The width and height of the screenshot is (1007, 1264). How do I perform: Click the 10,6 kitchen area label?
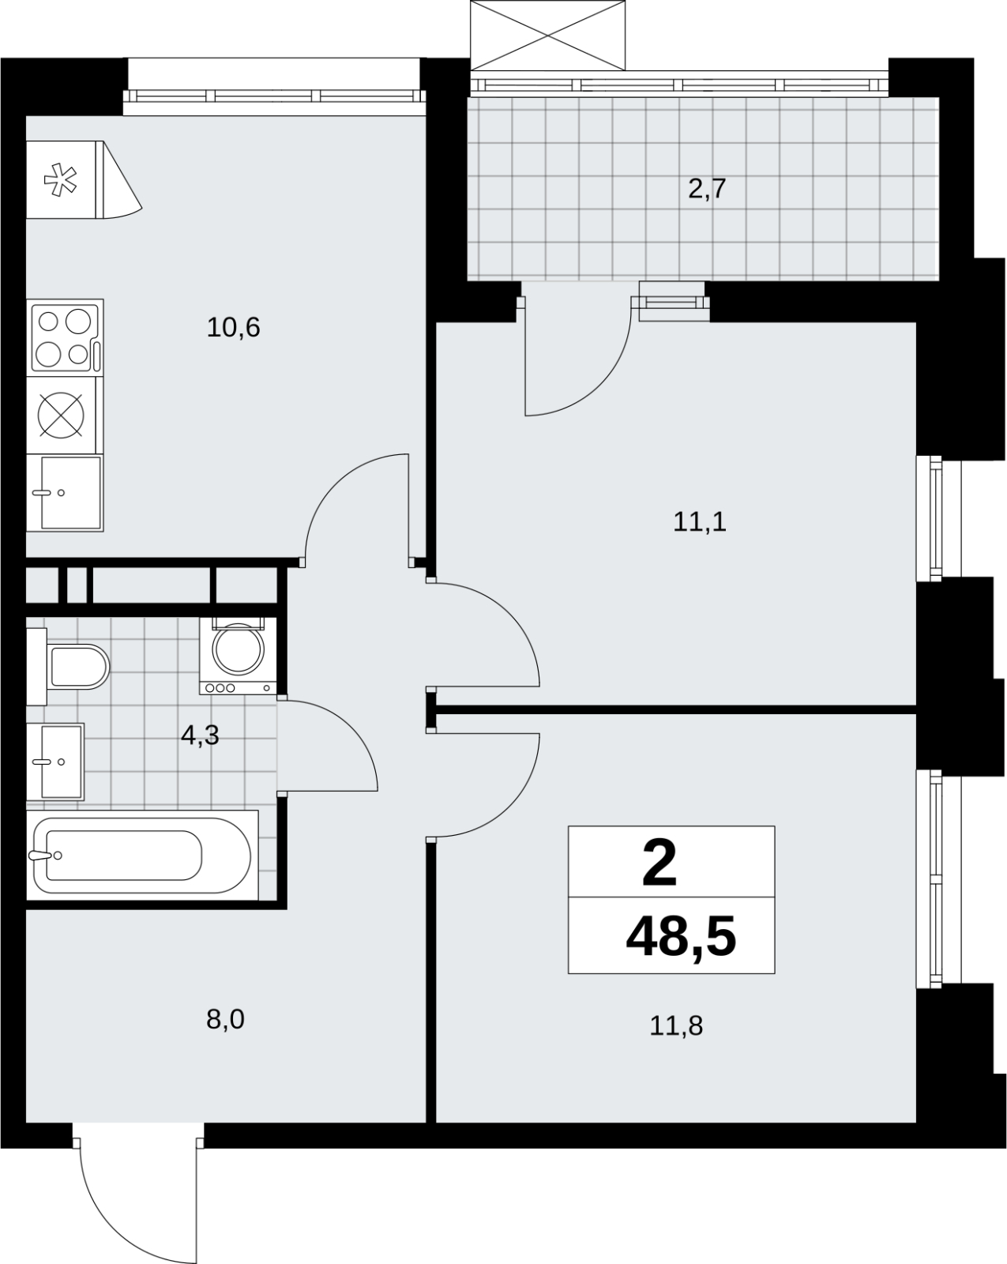[233, 327]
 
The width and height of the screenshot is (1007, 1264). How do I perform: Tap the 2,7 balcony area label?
[707, 189]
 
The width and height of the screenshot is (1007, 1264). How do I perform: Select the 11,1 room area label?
[699, 521]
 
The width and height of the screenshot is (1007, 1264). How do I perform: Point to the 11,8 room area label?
[676, 1025]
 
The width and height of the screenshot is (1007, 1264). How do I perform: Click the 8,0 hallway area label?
[225, 1020]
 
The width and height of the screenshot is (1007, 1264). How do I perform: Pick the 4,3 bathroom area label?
[200, 735]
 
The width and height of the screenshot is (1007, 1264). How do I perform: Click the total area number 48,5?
[681, 938]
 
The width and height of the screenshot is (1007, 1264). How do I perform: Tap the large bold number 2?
[659, 863]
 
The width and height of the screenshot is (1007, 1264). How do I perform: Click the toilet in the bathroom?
[68, 666]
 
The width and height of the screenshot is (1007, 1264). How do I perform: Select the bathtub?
[142, 856]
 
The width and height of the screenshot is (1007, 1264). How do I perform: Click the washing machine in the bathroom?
[238, 656]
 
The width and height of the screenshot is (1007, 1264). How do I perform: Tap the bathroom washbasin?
[55, 762]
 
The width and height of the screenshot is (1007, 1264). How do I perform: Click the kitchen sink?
[65, 493]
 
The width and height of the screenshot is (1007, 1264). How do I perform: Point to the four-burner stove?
[66, 338]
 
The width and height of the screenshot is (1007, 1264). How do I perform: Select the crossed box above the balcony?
[548, 36]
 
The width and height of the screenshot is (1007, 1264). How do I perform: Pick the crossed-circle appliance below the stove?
[61, 416]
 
